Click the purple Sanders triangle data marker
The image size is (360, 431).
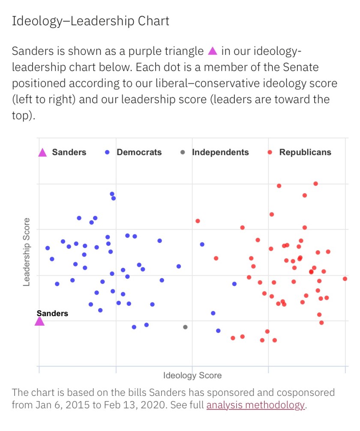39,321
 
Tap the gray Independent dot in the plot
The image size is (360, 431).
185,327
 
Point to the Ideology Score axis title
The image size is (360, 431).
192,376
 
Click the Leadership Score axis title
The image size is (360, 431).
27,252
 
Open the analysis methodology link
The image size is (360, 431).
255,405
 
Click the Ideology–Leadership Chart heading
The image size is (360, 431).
90,21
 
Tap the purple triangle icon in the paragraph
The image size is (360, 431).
213,51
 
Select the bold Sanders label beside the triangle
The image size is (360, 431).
52,313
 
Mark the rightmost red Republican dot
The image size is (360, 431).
345,278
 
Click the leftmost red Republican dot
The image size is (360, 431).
198,221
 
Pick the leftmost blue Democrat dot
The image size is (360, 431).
48,248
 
